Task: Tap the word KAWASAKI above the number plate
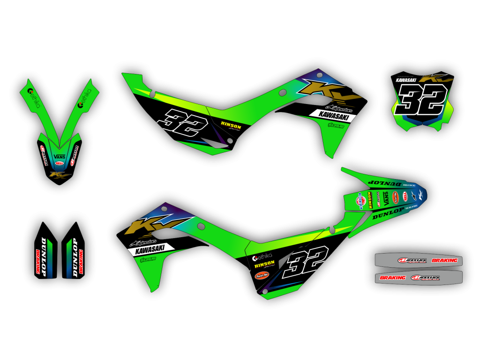pyautogui.click(x=406, y=80)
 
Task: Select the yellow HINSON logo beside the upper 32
pyautogui.click(x=231, y=126)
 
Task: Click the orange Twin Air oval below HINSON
pyautogui.click(x=262, y=275)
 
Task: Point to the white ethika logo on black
pyautogui.click(x=263, y=258)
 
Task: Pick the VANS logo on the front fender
pyautogui.click(x=60, y=156)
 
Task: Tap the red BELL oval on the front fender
pyautogui.click(x=60, y=164)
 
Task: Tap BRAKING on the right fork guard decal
pyautogui.click(x=80, y=262)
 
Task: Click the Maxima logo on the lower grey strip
pyautogui.click(x=425, y=277)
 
